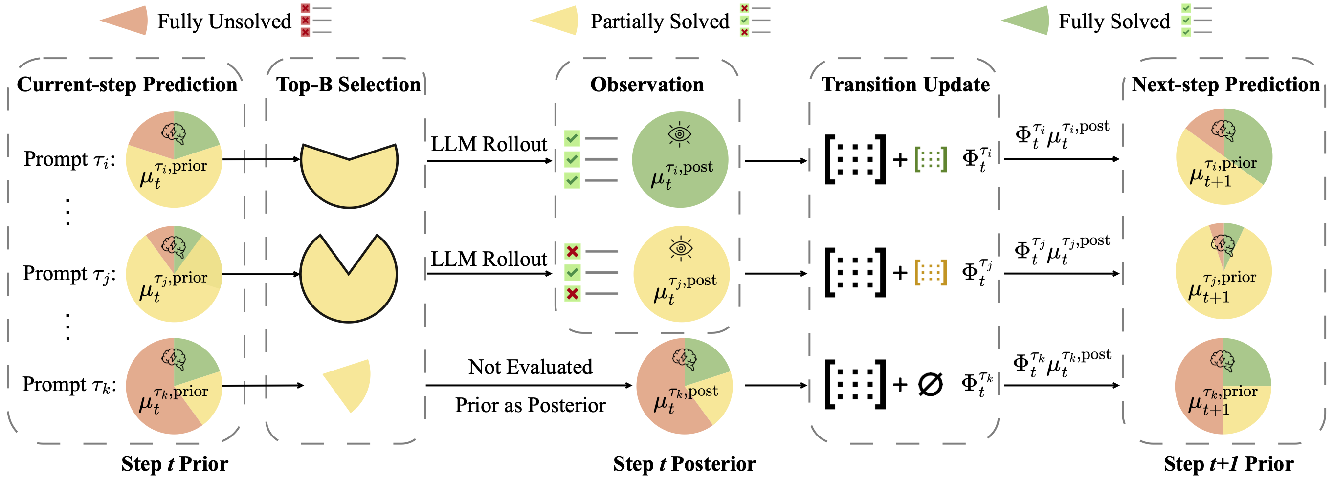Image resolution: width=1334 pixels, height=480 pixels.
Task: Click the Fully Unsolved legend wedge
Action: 127,21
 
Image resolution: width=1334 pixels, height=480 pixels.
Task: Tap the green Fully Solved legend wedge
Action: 1028,21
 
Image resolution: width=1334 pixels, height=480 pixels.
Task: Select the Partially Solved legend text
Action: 660,22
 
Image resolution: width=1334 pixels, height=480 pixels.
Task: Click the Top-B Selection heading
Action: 348,85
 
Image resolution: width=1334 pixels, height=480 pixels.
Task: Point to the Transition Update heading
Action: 905,85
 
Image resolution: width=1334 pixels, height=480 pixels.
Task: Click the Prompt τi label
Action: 69,159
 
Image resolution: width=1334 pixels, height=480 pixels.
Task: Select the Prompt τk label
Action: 69,385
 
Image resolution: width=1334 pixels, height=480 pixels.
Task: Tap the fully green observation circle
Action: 679,159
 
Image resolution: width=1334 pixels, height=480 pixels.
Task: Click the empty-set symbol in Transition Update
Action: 930,385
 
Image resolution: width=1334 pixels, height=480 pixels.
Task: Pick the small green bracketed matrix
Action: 931,159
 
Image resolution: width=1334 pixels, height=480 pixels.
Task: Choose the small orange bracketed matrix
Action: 931,272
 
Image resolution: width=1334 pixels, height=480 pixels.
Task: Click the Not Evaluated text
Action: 530,367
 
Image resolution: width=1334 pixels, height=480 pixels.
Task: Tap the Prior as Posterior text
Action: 530,405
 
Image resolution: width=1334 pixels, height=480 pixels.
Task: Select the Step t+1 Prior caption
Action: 1228,464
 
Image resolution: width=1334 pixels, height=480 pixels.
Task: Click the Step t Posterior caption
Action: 684,464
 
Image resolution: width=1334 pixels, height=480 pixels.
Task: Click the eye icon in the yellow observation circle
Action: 681,248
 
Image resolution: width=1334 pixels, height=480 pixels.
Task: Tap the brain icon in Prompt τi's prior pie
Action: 174,133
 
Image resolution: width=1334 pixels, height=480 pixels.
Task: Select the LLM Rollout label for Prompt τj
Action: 489,259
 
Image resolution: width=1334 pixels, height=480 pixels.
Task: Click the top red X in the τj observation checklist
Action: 572,252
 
